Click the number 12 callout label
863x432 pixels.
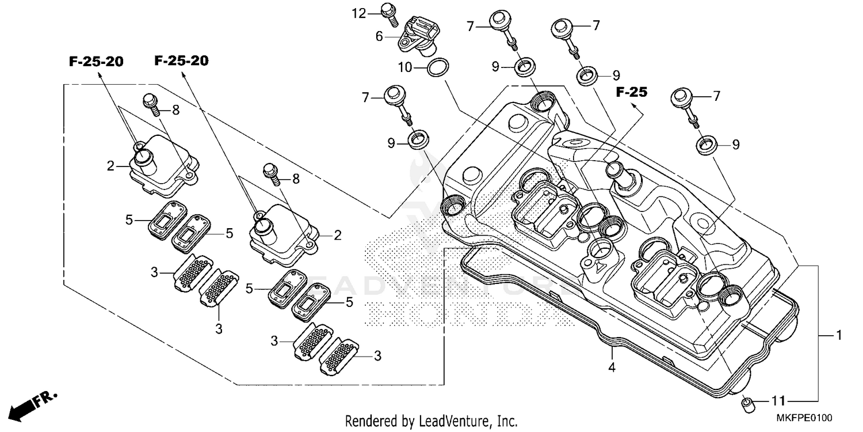tap(359, 13)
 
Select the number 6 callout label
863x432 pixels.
tap(379, 36)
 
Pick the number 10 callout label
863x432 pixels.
tap(405, 67)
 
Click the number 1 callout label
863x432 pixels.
tap(839, 335)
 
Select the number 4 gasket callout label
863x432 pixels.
tap(612, 367)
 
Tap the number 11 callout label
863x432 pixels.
tap(778, 400)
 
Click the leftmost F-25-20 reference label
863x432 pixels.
tap(96, 62)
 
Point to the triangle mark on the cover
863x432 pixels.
tap(599, 266)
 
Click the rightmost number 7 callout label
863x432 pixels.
tap(716, 96)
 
